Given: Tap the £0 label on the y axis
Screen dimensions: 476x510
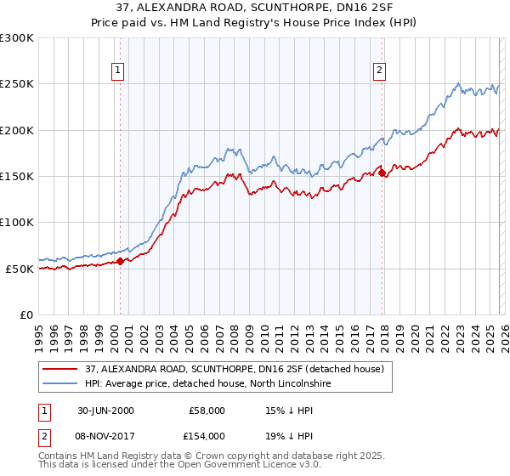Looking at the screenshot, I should [26, 314].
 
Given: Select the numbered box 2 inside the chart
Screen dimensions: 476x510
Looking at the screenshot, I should [379, 71].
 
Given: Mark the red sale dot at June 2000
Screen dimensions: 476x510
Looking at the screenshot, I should [121, 261].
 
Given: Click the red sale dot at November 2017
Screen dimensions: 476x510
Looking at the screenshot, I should [382, 173].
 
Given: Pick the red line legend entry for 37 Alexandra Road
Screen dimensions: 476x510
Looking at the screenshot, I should [235, 370].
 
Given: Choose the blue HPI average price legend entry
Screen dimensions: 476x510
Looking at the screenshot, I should [212, 384].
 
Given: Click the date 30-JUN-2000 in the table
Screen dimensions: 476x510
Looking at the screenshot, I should [105, 411].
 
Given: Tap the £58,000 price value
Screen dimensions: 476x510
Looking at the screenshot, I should [207, 411].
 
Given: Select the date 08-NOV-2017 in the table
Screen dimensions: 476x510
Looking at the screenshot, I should [106, 436].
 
